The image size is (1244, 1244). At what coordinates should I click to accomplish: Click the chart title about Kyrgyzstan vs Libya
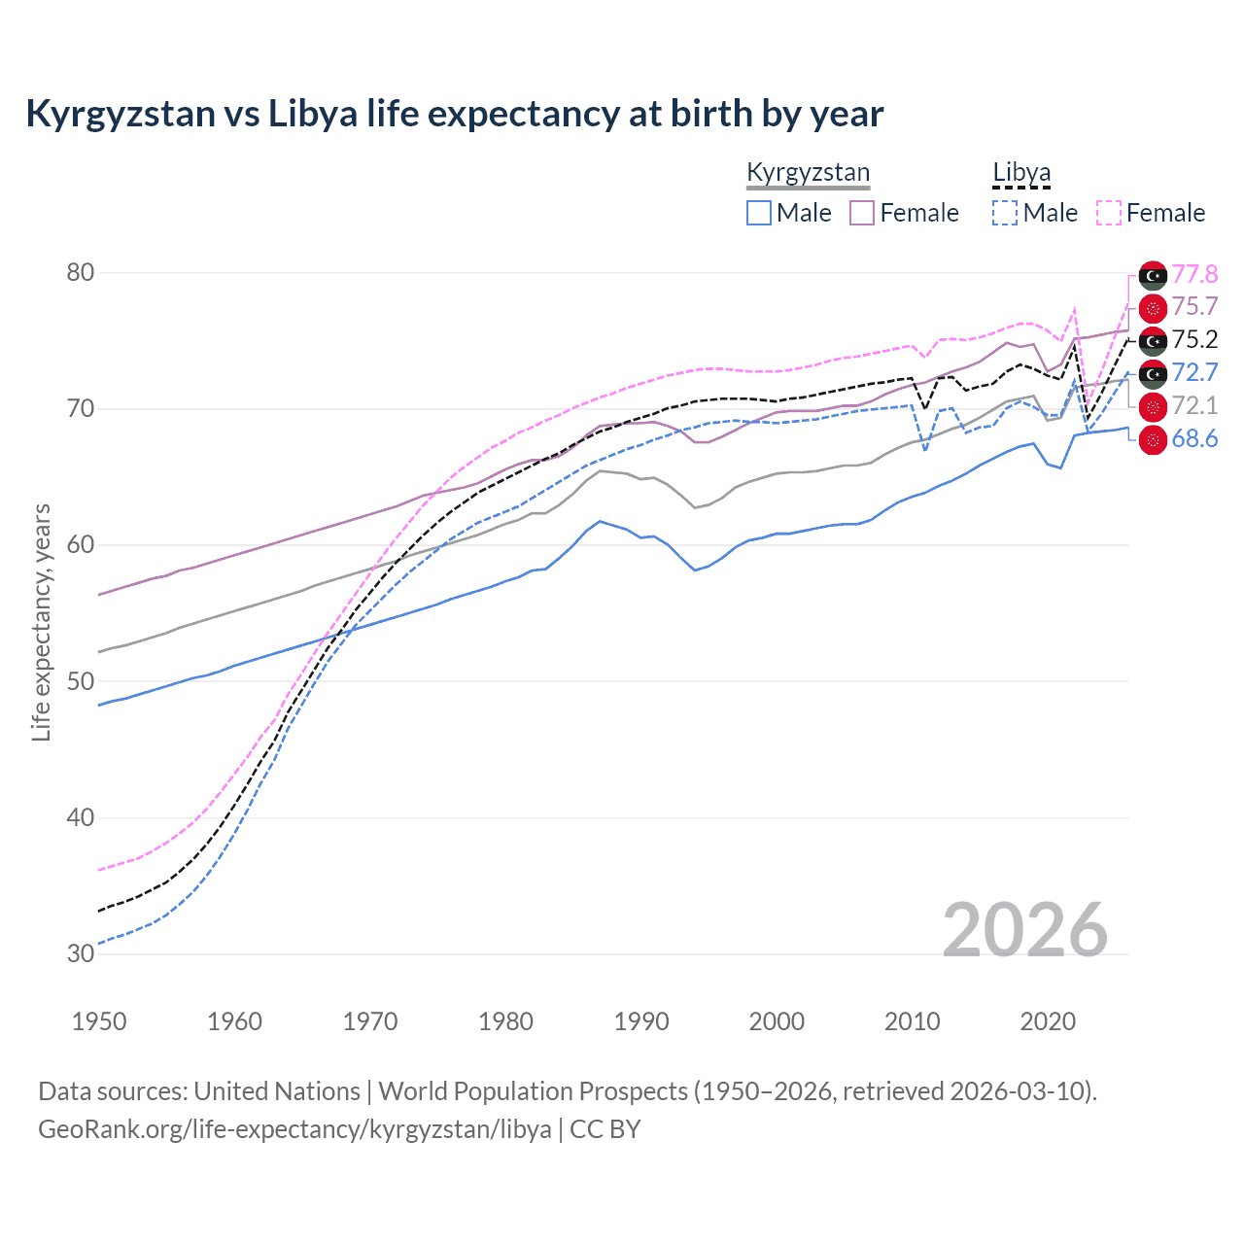(454, 114)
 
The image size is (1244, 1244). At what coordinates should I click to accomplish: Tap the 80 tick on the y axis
(81, 272)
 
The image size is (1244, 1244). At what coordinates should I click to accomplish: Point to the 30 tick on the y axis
(81, 953)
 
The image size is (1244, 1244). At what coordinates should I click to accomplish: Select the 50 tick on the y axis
(81, 681)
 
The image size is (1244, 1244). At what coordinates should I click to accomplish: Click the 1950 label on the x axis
(99, 1021)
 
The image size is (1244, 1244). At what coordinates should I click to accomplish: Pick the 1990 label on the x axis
(641, 1021)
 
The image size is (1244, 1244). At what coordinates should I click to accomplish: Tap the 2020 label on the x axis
(1048, 1021)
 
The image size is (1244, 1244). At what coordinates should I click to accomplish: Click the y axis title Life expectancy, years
(41, 622)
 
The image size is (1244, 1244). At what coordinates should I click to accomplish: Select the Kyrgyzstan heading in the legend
(808, 173)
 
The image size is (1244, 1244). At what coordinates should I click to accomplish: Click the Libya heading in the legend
(1021, 173)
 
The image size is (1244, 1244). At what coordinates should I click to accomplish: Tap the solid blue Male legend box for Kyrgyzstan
(759, 213)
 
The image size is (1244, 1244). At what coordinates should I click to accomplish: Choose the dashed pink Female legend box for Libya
(1109, 213)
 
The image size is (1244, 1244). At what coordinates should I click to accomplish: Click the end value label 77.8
(1194, 274)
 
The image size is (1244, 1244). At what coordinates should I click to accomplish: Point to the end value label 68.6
(1194, 439)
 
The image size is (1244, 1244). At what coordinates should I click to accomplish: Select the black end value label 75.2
(1194, 339)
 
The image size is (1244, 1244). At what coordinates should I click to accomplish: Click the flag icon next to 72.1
(1153, 406)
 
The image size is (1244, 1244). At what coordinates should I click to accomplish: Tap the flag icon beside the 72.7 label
(1153, 373)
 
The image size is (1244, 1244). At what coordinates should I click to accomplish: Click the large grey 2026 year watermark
(1025, 930)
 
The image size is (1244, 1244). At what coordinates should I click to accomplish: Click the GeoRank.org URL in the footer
(294, 1129)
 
